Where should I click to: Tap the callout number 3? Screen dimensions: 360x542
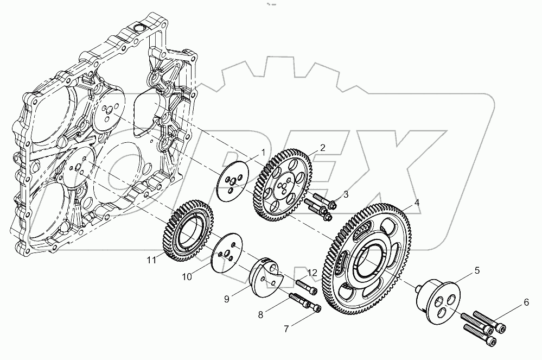coord(345,194)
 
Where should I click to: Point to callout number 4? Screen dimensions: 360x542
coord(416,203)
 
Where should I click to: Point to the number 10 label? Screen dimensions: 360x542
coord(187,276)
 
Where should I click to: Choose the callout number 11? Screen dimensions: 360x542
coord(152,260)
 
